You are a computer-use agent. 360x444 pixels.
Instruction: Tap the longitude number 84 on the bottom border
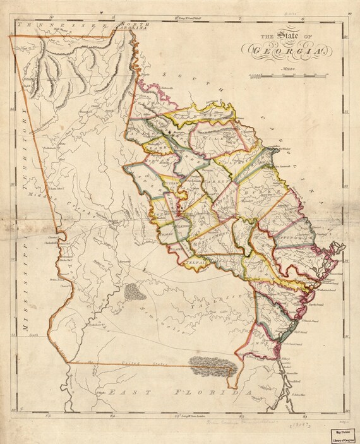pyautogui.click(x=112, y=416)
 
